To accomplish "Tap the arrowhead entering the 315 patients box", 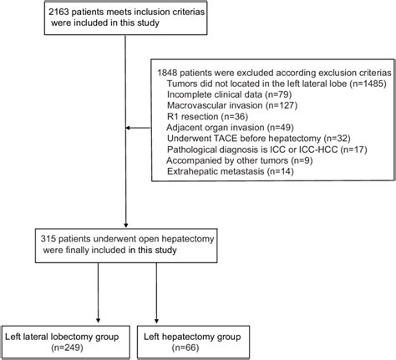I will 124,225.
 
